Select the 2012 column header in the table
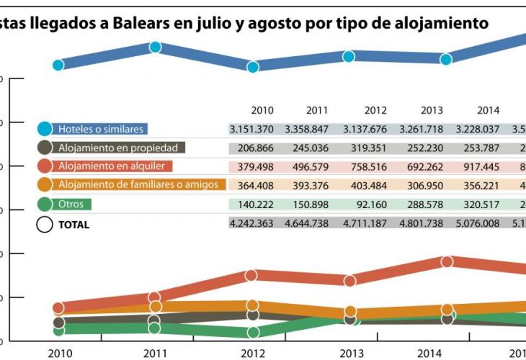click(375, 110)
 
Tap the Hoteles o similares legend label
click(101, 130)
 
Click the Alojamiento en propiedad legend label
click(122, 148)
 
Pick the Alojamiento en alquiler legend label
click(112, 166)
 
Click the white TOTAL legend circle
click(45, 224)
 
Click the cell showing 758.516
click(375, 167)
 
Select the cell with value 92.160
click(375, 204)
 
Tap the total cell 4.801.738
click(432, 224)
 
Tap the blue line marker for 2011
click(155, 48)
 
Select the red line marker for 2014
click(447, 261)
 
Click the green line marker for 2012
click(252, 333)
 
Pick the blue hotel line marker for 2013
click(349, 56)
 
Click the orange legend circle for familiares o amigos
click(45, 185)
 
